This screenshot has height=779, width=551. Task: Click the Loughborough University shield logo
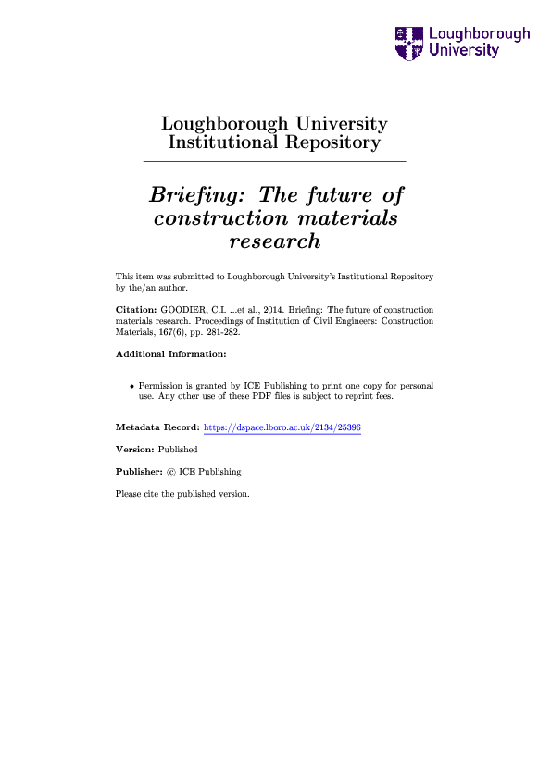click(x=407, y=42)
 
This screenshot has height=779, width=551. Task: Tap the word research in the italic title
click(x=274, y=241)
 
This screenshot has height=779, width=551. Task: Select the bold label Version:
click(x=135, y=450)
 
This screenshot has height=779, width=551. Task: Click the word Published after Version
click(x=179, y=450)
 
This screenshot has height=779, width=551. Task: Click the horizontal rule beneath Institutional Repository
click(x=274, y=162)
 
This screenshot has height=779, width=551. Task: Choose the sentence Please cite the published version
click(x=182, y=494)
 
